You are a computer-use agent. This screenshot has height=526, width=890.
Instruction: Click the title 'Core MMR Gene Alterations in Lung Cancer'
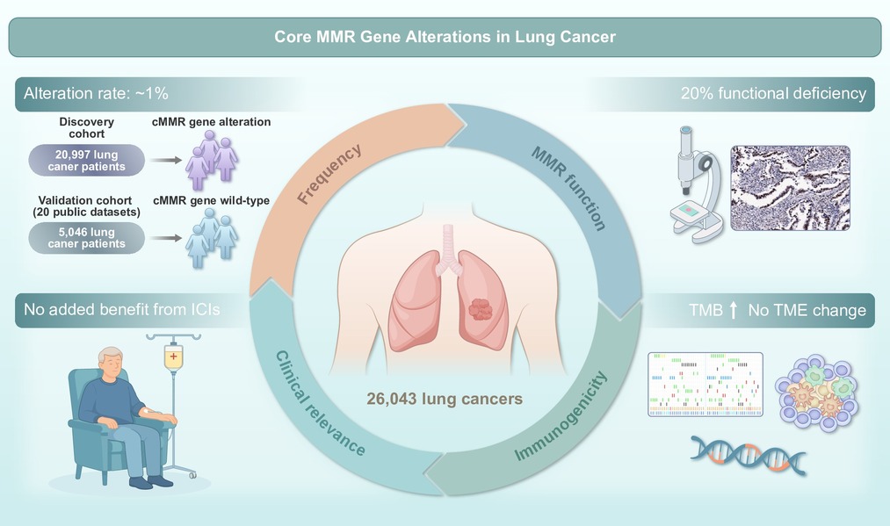(445, 37)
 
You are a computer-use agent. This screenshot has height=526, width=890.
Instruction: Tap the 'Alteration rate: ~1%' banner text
(96, 94)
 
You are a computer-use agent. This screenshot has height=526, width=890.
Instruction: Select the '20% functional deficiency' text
(773, 94)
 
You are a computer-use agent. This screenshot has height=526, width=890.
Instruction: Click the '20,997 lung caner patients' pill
(87, 160)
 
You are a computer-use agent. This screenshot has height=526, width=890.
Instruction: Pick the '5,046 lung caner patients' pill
(87, 238)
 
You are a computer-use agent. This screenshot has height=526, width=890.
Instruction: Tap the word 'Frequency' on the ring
(329, 174)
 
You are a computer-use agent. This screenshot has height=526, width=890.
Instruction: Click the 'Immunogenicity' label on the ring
(561, 416)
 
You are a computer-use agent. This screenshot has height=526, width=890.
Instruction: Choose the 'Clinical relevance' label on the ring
(321, 403)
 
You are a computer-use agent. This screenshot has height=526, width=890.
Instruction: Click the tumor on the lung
(481, 309)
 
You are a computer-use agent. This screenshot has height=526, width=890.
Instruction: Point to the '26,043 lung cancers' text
(445, 399)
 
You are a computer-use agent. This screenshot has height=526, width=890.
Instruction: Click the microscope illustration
(697, 185)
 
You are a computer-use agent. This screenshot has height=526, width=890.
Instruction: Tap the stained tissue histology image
(790, 188)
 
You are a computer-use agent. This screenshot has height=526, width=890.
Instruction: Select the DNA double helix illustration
(748, 455)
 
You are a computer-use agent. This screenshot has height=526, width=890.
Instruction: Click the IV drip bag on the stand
(173, 357)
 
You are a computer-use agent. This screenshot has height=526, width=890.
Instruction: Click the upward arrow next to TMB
(734, 310)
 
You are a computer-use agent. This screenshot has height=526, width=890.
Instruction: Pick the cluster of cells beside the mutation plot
(817, 393)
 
